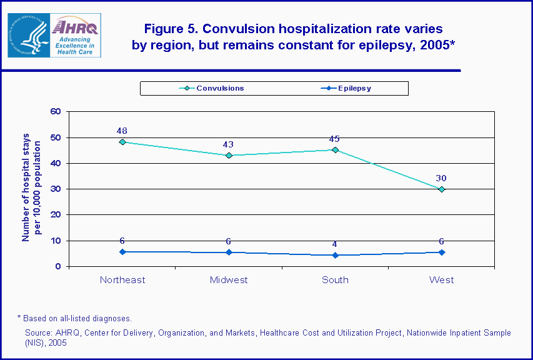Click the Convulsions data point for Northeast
click(122, 142)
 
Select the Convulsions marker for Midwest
click(229, 155)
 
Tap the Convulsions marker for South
click(335, 150)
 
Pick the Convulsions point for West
click(441, 189)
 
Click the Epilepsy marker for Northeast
click(122, 252)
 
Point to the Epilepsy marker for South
click(335, 255)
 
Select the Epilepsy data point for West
click(441, 252)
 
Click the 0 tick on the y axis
click(58, 266)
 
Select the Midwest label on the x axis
click(229, 280)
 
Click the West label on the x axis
click(441, 280)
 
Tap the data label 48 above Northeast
click(122, 131)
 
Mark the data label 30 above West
click(441, 178)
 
